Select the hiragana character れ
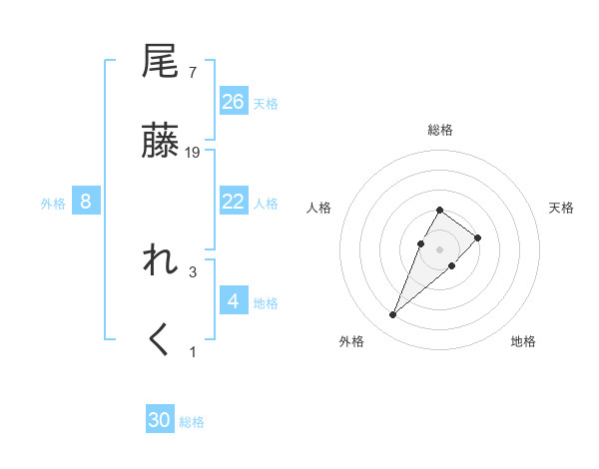(x=161, y=260)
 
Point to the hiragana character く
(x=161, y=340)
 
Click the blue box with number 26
(x=234, y=101)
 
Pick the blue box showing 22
(x=234, y=202)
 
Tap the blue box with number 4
(x=234, y=300)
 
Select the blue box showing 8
(x=86, y=202)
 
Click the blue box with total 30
(x=160, y=420)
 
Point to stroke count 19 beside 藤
(x=194, y=152)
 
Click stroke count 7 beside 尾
(x=192, y=72)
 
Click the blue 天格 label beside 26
(x=266, y=103)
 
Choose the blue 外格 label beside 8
(x=53, y=204)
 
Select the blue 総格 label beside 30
(x=192, y=422)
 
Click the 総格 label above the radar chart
(x=440, y=130)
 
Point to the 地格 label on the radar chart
(x=523, y=341)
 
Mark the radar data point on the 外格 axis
(x=393, y=315)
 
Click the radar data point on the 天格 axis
(x=478, y=237)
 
